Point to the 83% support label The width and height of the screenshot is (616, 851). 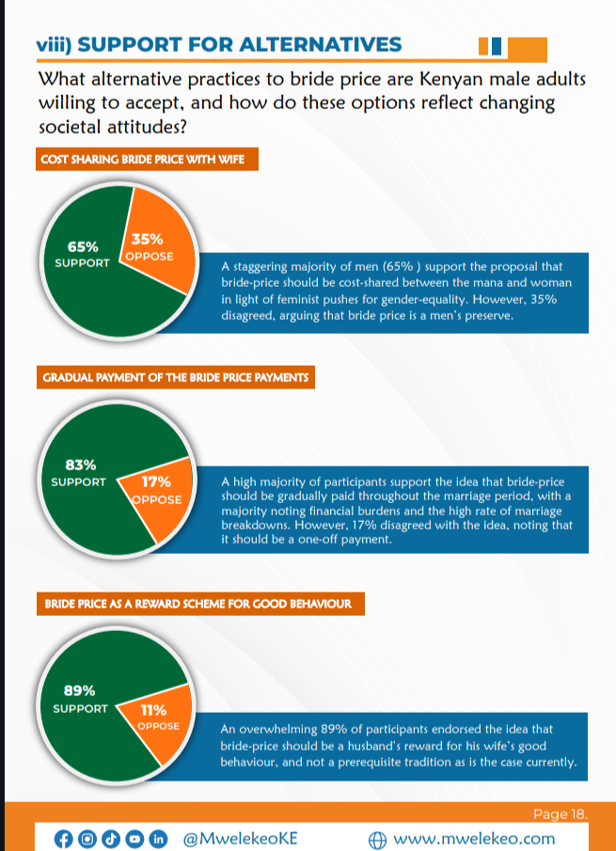pyautogui.click(x=80, y=473)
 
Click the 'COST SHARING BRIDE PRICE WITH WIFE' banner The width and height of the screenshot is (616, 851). pyautogui.click(x=143, y=161)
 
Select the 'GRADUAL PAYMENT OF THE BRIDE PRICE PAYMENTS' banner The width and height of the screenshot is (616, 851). pyautogui.click(x=176, y=378)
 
